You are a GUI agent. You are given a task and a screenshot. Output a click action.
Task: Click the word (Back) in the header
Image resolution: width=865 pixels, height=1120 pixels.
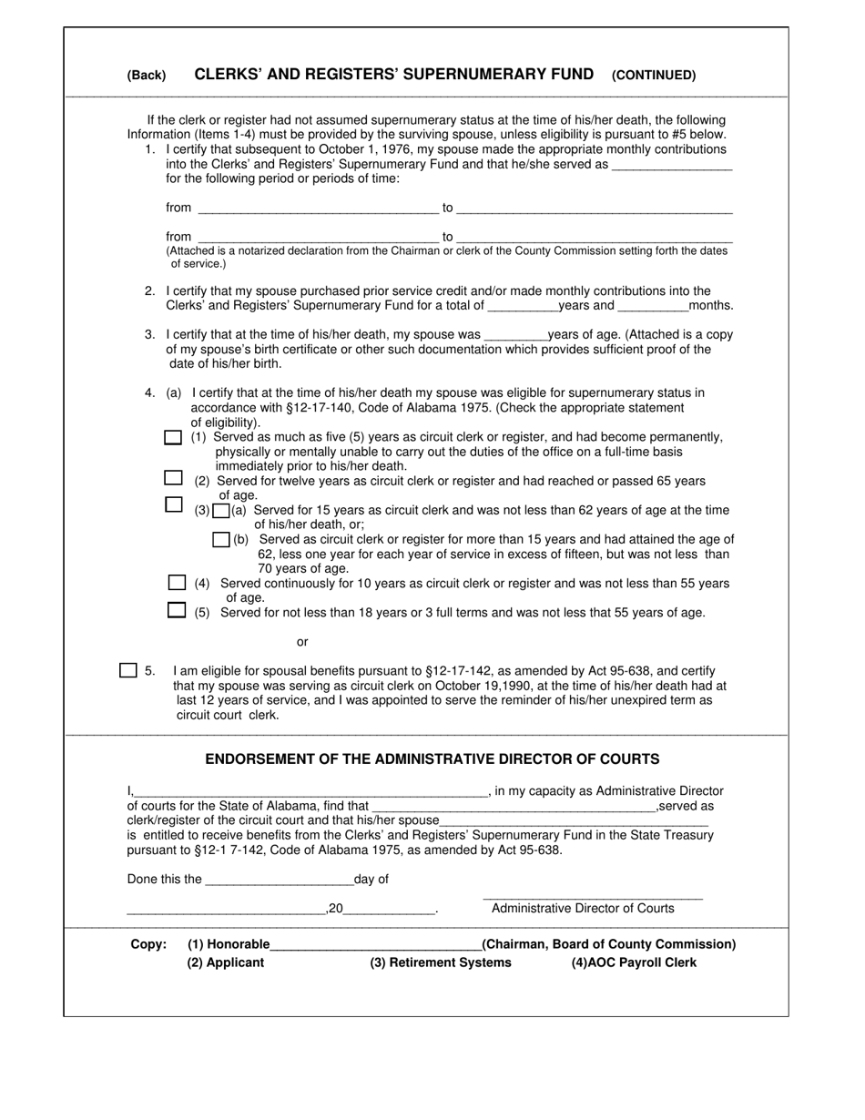pyautogui.click(x=147, y=76)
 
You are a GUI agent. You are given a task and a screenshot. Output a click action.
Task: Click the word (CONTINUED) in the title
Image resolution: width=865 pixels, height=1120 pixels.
pyautogui.click(x=654, y=76)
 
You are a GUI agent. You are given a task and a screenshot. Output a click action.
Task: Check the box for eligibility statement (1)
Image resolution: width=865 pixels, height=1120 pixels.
pyautogui.click(x=173, y=438)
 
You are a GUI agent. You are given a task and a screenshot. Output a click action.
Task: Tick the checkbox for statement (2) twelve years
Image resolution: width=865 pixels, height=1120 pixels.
pyautogui.click(x=173, y=478)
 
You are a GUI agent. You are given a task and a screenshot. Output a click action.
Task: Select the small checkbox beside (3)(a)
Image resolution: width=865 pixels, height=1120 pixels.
pyautogui.click(x=220, y=511)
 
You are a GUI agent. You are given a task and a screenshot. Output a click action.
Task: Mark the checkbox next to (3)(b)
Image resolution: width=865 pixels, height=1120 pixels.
pyautogui.click(x=220, y=540)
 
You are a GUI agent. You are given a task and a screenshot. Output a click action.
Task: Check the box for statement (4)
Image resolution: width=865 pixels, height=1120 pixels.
pyautogui.click(x=177, y=583)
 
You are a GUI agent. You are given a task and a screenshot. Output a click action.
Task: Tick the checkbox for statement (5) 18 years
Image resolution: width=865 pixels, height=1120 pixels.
pyautogui.click(x=177, y=611)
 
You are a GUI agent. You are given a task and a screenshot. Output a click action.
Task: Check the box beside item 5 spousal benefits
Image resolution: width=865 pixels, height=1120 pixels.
pyautogui.click(x=128, y=670)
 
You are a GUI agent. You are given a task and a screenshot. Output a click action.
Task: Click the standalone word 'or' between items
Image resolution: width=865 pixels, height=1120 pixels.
pyautogui.click(x=302, y=642)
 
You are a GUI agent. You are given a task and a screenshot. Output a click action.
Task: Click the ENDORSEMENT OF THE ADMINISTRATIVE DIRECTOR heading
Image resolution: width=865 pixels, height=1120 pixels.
pyautogui.click(x=432, y=759)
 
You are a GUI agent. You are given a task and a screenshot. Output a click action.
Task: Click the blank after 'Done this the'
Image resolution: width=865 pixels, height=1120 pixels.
pyautogui.click(x=280, y=881)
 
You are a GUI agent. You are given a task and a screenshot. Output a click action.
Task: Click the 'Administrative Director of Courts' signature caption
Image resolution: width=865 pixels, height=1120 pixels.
pyautogui.click(x=583, y=909)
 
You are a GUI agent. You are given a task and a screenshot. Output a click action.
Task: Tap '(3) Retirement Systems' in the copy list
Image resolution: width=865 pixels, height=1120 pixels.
pyautogui.click(x=441, y=962)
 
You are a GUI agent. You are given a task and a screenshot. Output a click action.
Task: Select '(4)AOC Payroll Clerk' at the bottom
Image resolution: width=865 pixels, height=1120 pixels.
pyautogui.click(x=634, y=962)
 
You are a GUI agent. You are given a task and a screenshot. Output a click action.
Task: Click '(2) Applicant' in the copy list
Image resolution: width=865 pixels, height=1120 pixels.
pyautogui.click(x=226, y=962)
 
